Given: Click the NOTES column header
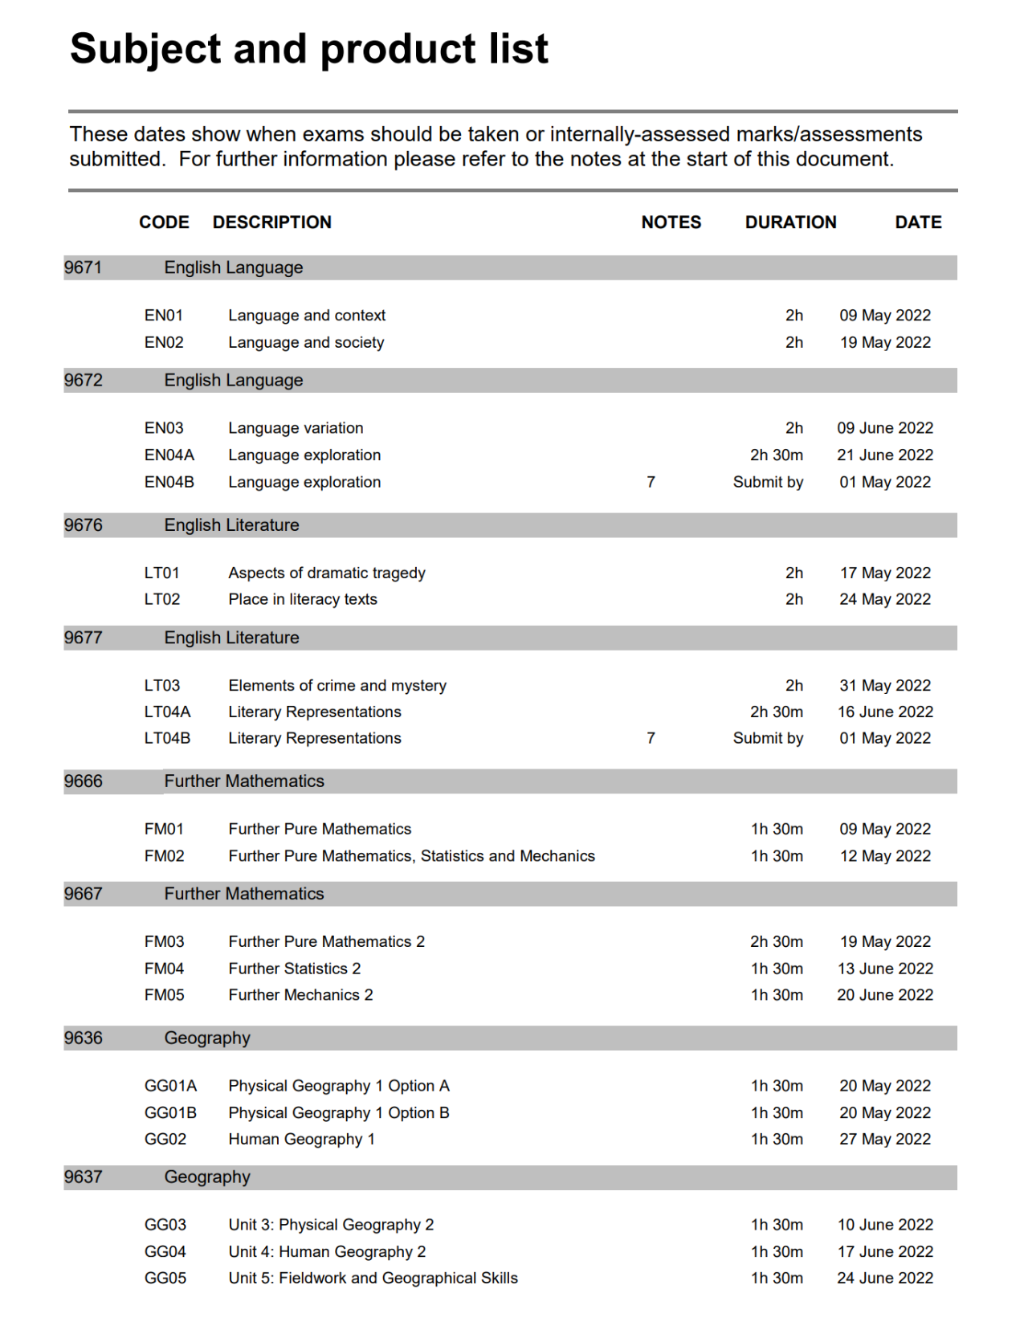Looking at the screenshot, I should pyautogui.click(x=671, y=222).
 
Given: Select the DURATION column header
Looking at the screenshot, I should pyautogui.click(x=790, y=222).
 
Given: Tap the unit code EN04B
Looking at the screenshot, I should pyautogui.click(x=169, y=482).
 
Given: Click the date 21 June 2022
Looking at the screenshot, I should pyautogui.click(x=885, y=455).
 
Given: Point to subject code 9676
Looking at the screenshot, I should pyautogui.click(x=84, y=525).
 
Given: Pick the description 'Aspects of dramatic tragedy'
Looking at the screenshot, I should pyautogui.click(x=326, y=573).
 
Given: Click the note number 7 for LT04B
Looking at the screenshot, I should pyautogui.click(x=651, y=738).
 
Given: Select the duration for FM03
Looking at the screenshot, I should pyautogui.click(x=776, y=941).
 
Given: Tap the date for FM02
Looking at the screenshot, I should pyautogui.click(x=885, y=856).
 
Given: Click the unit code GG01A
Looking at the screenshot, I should pyautogui.click(x=170, y=1086).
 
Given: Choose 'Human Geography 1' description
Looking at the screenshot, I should pyautogui.click(x=301, y=1139).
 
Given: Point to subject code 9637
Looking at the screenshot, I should pyautogui.click(x=84, y=1177).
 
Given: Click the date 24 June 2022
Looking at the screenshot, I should pyautogui.click(x=885, y=1278).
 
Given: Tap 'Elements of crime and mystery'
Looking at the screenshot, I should pyautogui.click(x=337, y=685).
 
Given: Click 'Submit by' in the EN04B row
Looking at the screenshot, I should pyautogui.click(x=768, y=482).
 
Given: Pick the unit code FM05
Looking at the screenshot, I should pyautogui.click(x=164, y=995).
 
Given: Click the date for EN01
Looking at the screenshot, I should pyautogui.click(x=885, y=316).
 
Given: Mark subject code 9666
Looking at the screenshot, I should pyautogui.click(x=84, y=781).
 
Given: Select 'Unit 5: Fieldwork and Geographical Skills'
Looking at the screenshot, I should pyautogui.click(x=373, y=1278).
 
